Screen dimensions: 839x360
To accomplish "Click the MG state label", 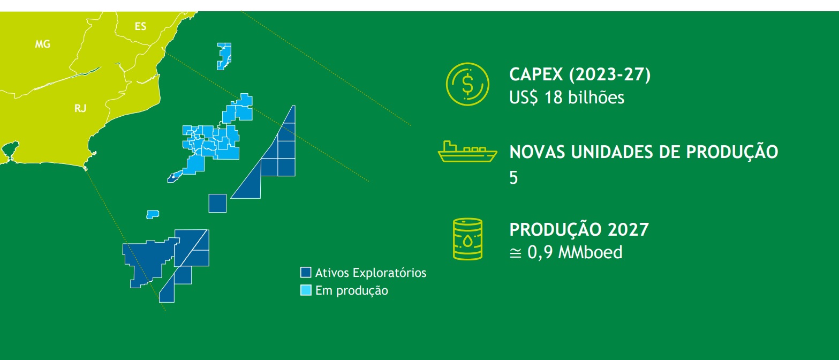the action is pyautogui.click(x=43, y=44).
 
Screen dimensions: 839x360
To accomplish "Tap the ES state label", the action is pyautogui.click(x=140, y=27).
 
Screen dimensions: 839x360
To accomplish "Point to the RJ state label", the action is pyautogui.click(x=80, y=109).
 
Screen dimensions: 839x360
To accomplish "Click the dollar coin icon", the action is pyautogui.click(x=467, y=84).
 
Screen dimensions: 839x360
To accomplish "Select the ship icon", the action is pyautogui.click(x=467, y=152).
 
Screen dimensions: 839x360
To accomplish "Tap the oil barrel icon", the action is pyautogui.click(x=468, y=239).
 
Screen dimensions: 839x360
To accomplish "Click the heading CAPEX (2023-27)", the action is pyautogui.click(x=580, y=74).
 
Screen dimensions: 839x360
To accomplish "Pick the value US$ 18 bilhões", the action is pyautogui.click(x=566, y=97).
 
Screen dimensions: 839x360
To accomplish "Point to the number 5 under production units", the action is pyautogui.click(x=513, y=177).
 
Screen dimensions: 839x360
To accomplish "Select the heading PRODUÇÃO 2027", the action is pyautogui.click(x=579, y=229).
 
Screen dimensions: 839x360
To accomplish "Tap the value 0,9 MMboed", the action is pyautogui.click(x=575, y=252).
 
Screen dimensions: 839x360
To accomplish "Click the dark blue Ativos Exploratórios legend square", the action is pyautogui.click(x=306, y=272).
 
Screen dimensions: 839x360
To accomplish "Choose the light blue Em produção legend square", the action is pyautogui.click(x=306, y=290).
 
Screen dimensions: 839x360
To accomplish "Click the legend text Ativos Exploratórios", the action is pyautogui.click(x=371, y=273).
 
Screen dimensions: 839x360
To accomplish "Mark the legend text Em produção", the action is pyautogui.click(x=352, y=291).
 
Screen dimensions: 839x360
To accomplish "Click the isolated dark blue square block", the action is pyautogui.click(x=217, y=204).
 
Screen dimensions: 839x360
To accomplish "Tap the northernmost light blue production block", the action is pyautogui.click(x=224, y=56).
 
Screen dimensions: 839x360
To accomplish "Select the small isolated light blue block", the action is pyautogui.click(x=153, y=214).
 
